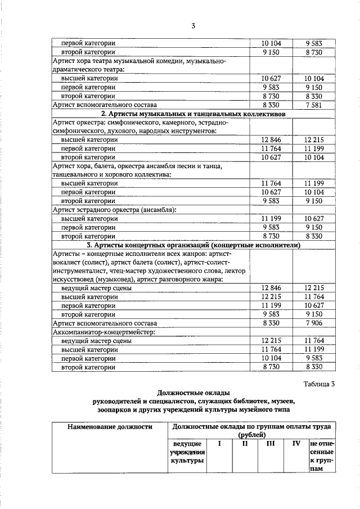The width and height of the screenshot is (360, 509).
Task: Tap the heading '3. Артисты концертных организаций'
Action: pos(193,245)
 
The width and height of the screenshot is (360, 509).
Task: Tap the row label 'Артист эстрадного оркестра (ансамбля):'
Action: pos(114,210)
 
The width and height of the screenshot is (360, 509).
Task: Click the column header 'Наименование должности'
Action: pos(110,427)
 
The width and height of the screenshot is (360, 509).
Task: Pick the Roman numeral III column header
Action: pos(271,444)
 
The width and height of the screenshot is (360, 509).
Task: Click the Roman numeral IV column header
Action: pos(296,444)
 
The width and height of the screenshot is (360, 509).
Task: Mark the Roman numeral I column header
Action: pos(220,444)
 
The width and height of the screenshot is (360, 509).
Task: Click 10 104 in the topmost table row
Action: pos(271,43)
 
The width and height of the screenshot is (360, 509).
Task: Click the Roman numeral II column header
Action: pos(245,444)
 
